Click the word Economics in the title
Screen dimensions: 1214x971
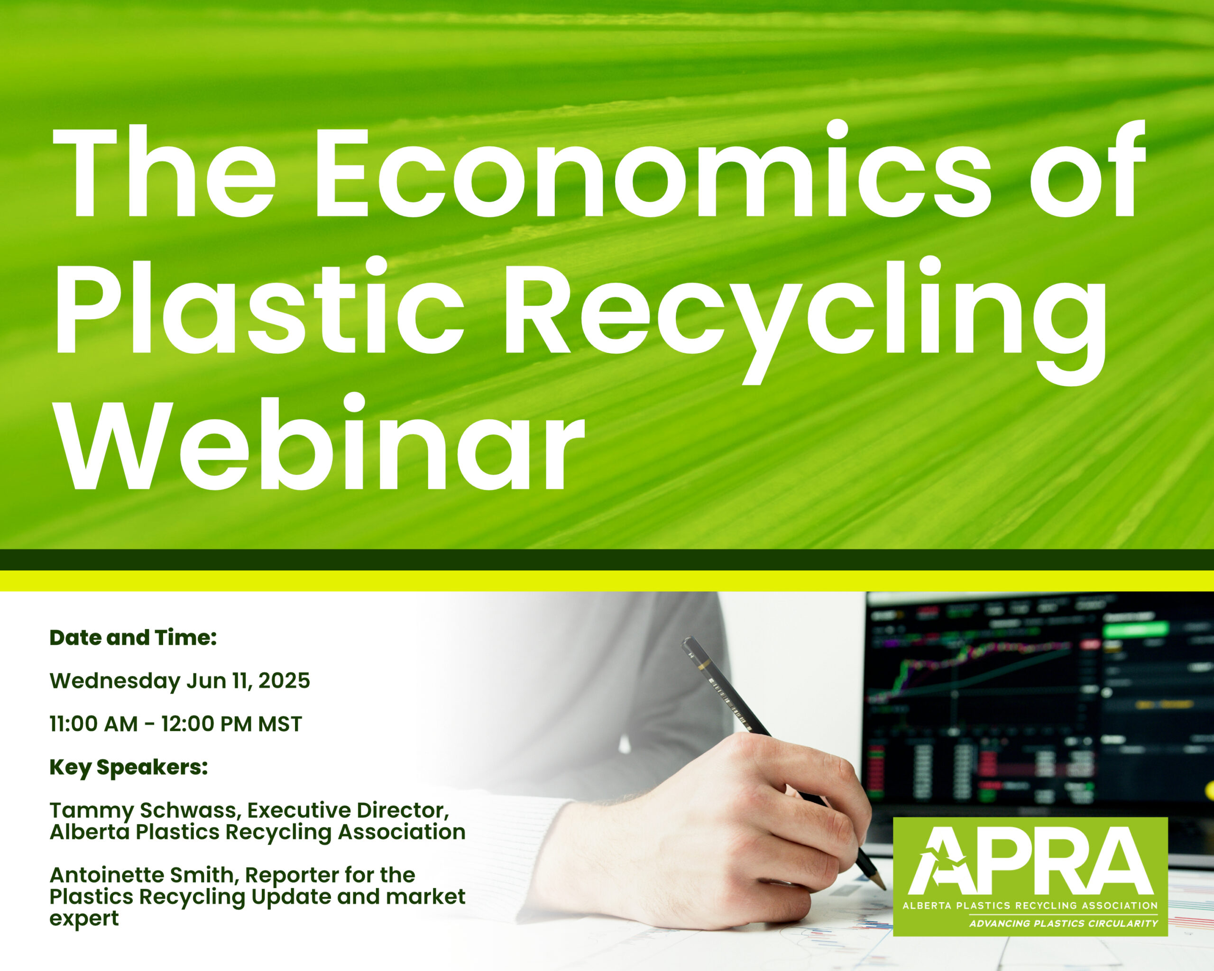[653, 172]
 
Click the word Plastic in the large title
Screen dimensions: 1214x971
[259, 307]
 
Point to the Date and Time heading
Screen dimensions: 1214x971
[133, 638]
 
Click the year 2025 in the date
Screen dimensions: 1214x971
[285, 680]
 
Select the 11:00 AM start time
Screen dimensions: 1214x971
[93, 724]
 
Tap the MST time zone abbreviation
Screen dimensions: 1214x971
[280, 724]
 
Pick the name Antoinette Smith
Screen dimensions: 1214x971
[145, 876]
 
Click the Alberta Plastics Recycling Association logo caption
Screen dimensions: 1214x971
[1030, 906]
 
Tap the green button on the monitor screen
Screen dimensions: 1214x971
[1135, 629]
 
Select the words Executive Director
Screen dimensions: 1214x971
[348, 811]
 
